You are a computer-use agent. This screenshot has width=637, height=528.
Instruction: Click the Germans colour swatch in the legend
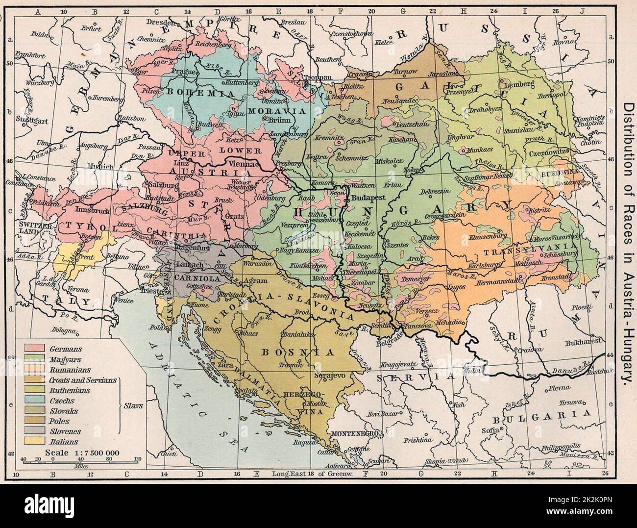[x=35, y=348]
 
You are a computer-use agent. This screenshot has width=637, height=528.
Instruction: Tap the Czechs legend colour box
[x=35, y=401]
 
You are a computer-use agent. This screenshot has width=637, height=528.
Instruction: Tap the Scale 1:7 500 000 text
[x=81, y=453]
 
